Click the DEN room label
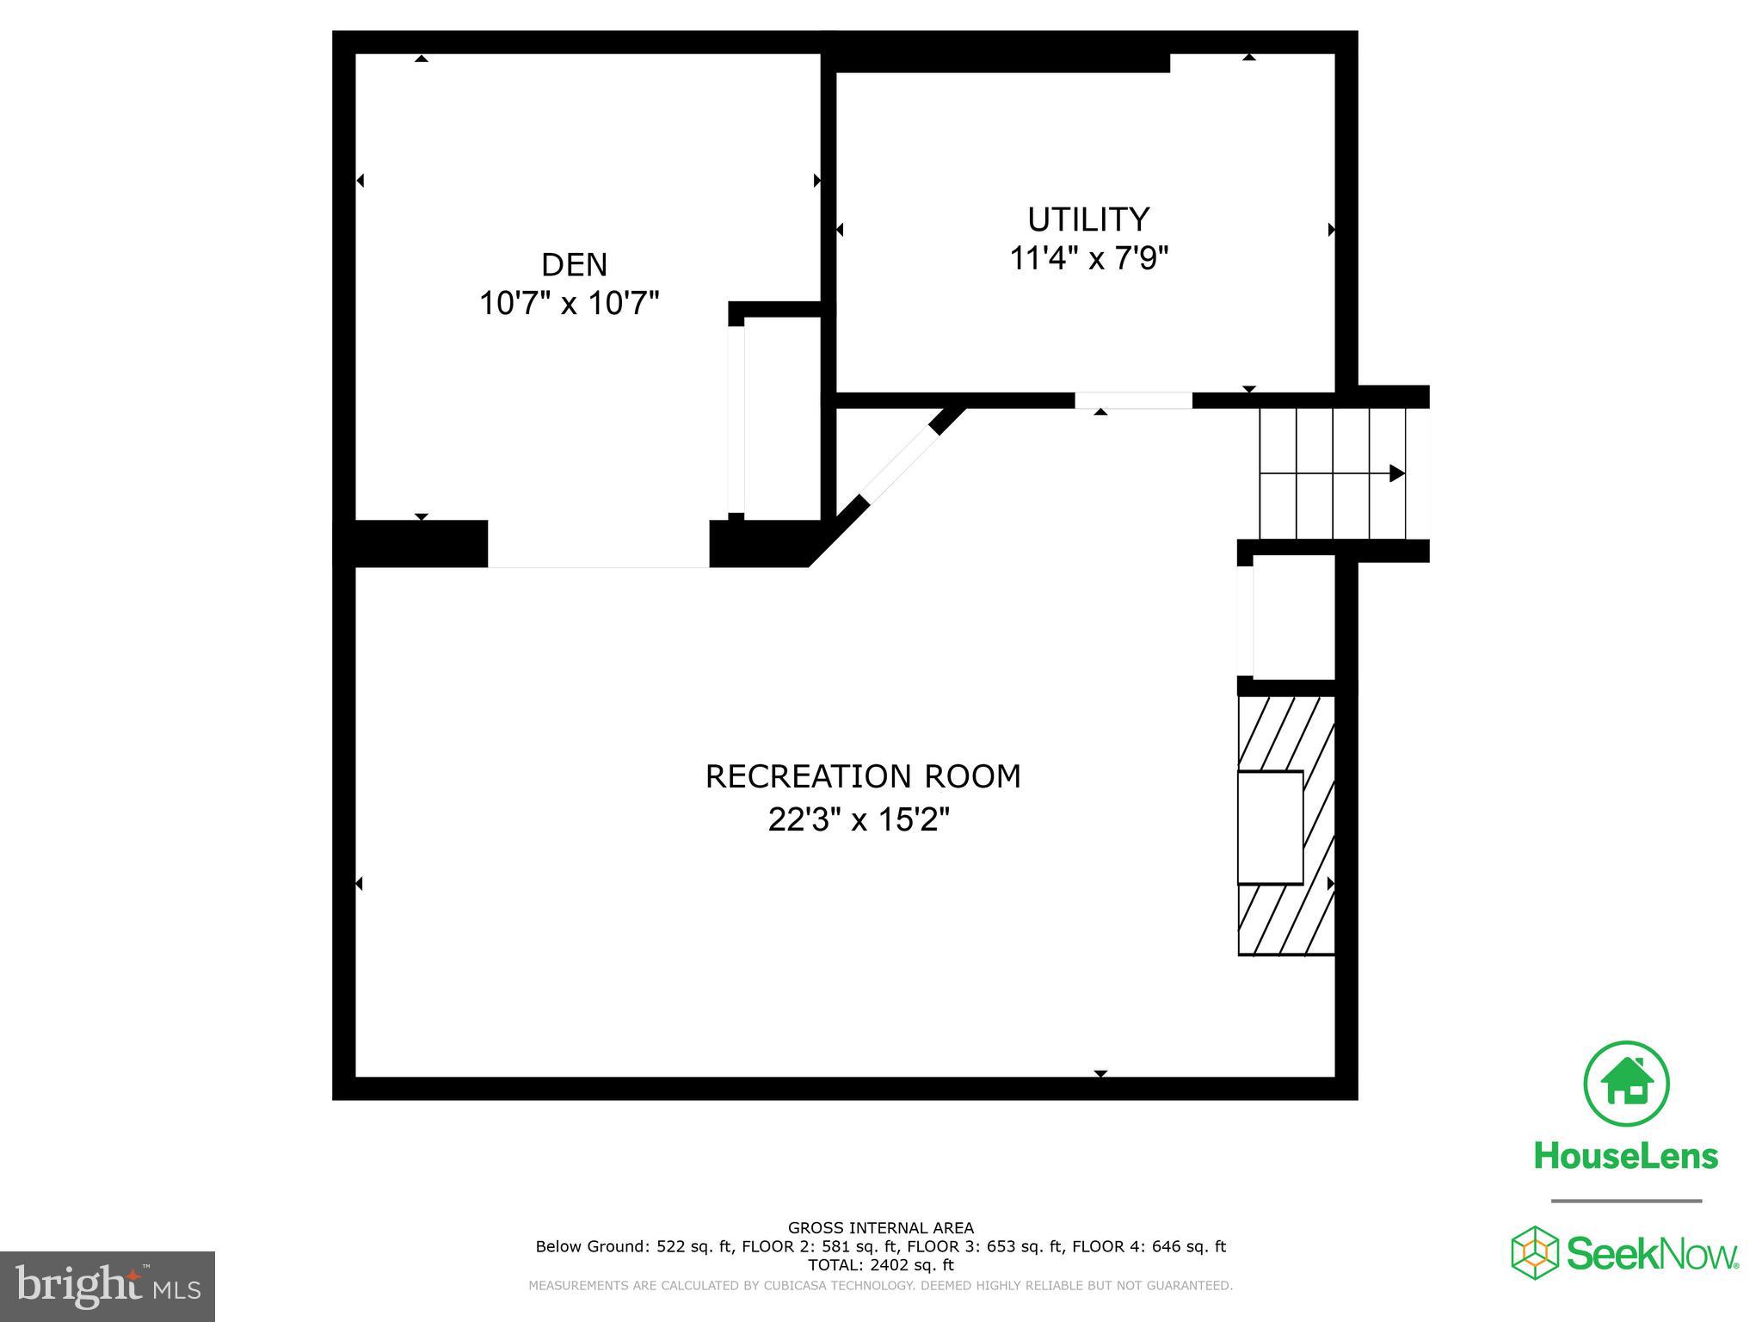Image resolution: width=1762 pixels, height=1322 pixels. pyautogui.click(x=574, y=264)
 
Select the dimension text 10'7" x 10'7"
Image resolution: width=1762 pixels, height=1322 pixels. pyautogui.click(x=569, y=303)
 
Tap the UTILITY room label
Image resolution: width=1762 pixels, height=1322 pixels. pyautogui.click(x=1088, y=219)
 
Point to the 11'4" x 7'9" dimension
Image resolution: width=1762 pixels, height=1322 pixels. pyautogui.click(x=1088, y=257)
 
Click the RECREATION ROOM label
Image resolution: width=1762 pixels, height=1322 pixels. pyautogui.click(x=863, y=776)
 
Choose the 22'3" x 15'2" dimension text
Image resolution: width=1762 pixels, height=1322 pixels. pyautogui.click(x=859, y=819)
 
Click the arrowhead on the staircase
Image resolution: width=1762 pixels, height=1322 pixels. pyautogui.click(x=1396, y=473)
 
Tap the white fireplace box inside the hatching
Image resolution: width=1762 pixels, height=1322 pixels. pyautogui.click(x=1270, y=827)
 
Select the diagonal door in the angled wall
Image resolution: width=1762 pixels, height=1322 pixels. pyautogui.click(x=900, y=465)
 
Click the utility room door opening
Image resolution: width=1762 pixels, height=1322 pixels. pyautogui.click(x=1133, y=400)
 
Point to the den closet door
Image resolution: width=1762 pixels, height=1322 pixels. pyautogui.click(x=736, y=420)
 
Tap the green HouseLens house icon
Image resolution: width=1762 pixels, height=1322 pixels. pyautogui.click(x=1626, y=1084)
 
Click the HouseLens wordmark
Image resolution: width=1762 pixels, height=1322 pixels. pyautogui.click(x=1626, y=1155)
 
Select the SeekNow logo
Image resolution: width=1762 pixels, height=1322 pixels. pyautogui.click(x=1624, y=1253)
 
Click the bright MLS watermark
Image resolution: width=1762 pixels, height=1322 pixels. pyautogui.click(x=108, y=1286)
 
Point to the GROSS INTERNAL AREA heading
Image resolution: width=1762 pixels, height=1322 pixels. pyautogui.click(x=880, y=1228)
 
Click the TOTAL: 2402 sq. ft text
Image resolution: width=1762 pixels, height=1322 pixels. pyautogui.click(x=880, y=1265)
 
